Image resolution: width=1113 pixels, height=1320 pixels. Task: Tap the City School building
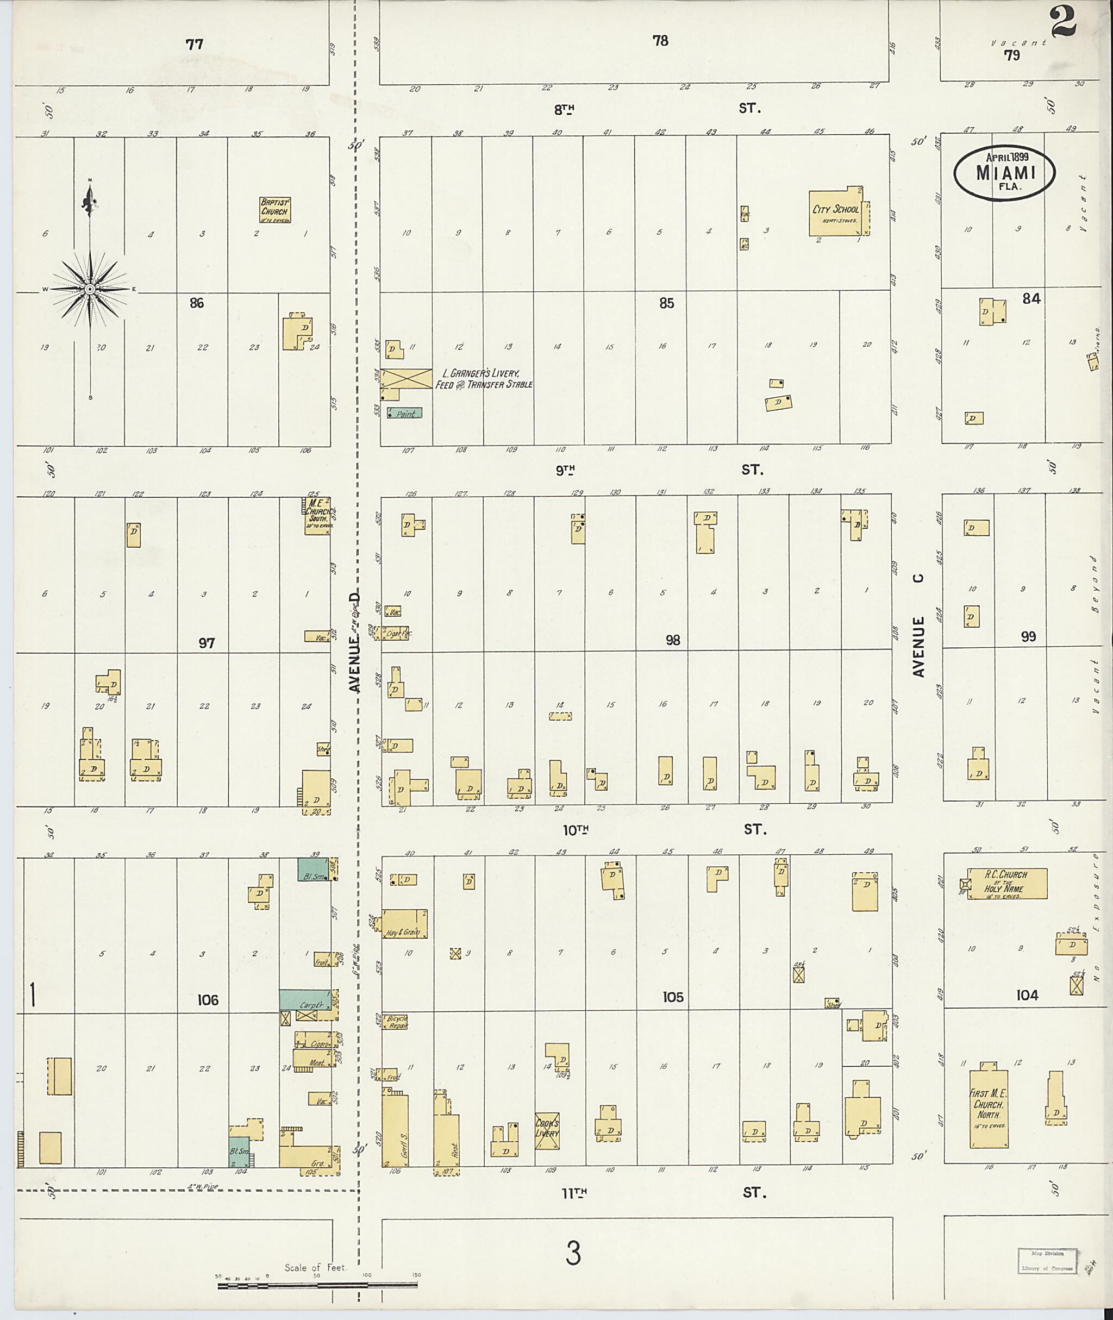835,212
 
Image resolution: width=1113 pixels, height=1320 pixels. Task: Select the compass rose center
90,289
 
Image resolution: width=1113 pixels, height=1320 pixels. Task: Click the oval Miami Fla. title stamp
1004,173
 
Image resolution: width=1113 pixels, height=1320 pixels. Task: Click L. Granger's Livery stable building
406,379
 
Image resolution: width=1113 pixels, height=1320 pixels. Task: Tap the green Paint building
404,414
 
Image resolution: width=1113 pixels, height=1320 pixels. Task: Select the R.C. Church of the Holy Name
1005,884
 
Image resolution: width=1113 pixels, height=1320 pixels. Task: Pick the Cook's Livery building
546,1130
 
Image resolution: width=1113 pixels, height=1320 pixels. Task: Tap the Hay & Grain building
404,924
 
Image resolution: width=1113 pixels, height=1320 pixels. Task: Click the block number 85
666,303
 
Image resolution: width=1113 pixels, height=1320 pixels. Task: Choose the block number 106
208,999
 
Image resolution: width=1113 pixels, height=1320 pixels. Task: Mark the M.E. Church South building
317,517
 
